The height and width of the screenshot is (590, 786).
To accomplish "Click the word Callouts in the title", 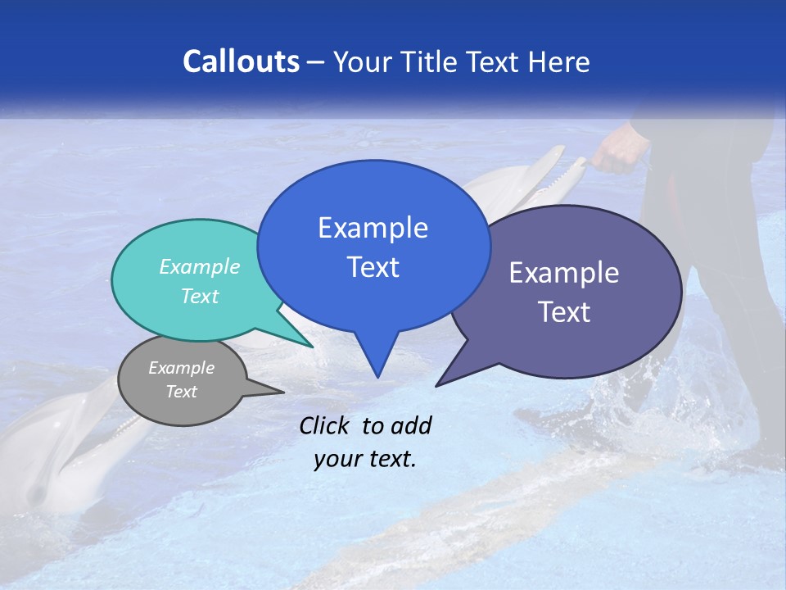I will tap(241, 61).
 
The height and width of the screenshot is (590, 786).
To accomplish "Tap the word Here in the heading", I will tap(559, 62).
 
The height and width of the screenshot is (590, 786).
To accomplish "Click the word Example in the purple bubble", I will tap(564, 273).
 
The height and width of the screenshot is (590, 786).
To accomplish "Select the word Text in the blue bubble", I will tap(373, 267).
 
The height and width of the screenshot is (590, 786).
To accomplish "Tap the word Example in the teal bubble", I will tap(200, 267).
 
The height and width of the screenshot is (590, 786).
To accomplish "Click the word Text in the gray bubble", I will tap(182, 392).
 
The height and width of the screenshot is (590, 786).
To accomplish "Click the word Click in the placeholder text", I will tap(326, 425).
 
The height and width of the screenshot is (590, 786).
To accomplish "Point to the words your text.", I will tap(365, 459).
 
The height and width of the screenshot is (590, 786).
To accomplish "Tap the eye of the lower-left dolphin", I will tap(37, 492).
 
